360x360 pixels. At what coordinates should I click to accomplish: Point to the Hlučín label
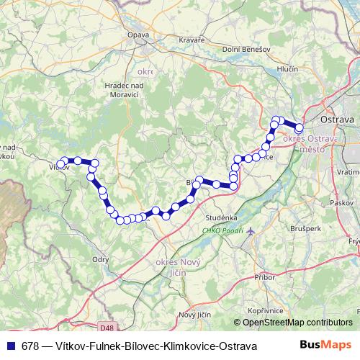point(288,69)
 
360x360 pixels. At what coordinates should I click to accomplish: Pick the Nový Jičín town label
point(196,315)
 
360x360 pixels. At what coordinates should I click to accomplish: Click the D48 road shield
point(107,328)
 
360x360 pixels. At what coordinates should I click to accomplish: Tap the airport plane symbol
point(250,232)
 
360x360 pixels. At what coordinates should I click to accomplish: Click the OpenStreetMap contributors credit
point(297,323)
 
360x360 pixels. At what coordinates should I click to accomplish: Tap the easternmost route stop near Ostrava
point(300,128)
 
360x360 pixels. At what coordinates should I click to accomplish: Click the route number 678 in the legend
point(30,346)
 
